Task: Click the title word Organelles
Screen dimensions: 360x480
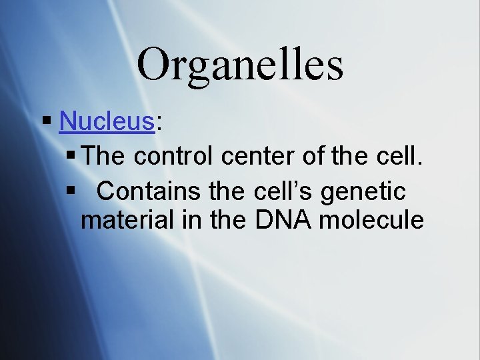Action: point(240,64)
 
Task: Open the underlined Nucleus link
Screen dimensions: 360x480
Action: point(107,121)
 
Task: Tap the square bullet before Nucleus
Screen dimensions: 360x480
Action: point(46,121)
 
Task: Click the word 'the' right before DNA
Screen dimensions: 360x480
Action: point(229,220)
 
